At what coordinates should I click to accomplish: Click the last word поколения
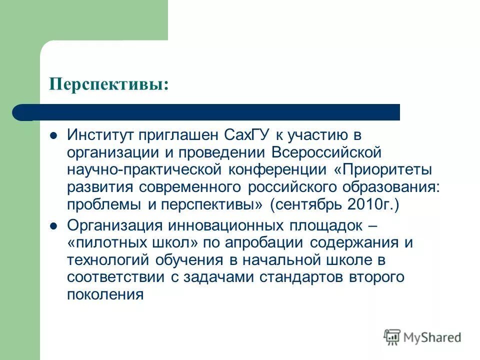point(105,294)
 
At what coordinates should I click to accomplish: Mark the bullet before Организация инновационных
point(54,226)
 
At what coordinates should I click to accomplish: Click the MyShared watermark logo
point(422,337)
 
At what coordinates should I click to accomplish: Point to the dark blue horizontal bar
point(210,112)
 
